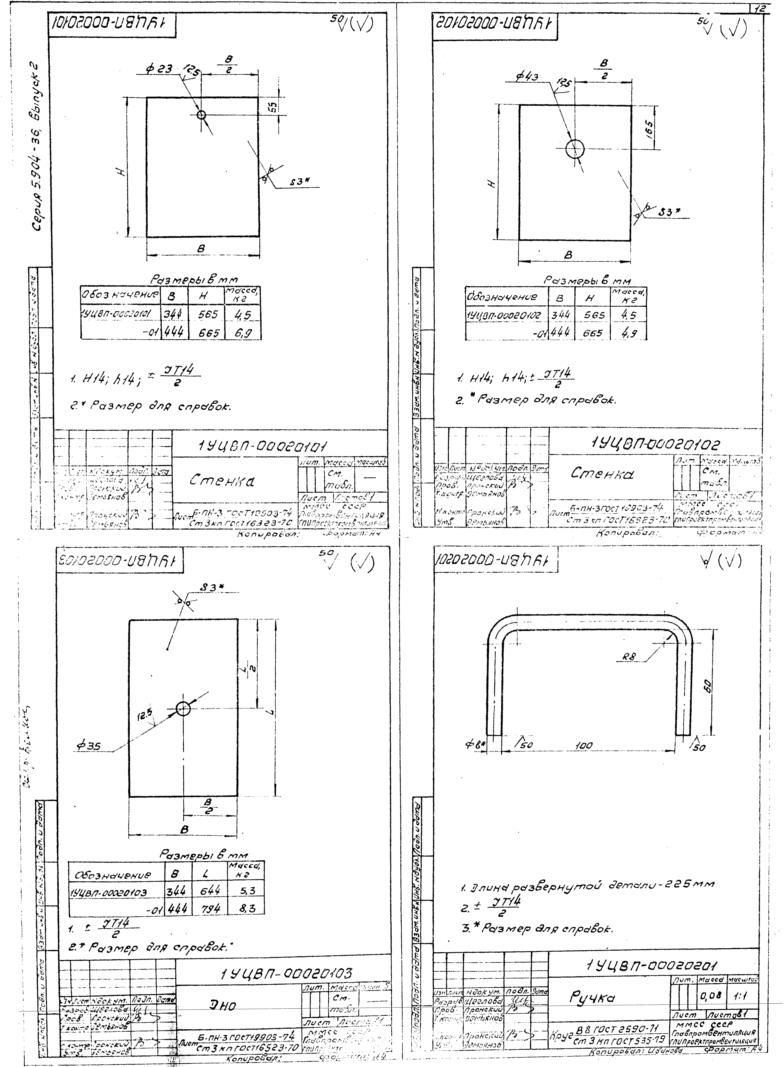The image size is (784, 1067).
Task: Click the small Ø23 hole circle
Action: (201, 115)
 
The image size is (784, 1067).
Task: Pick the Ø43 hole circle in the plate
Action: (575, 149)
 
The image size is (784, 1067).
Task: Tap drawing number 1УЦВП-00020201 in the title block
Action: (652, 966)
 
